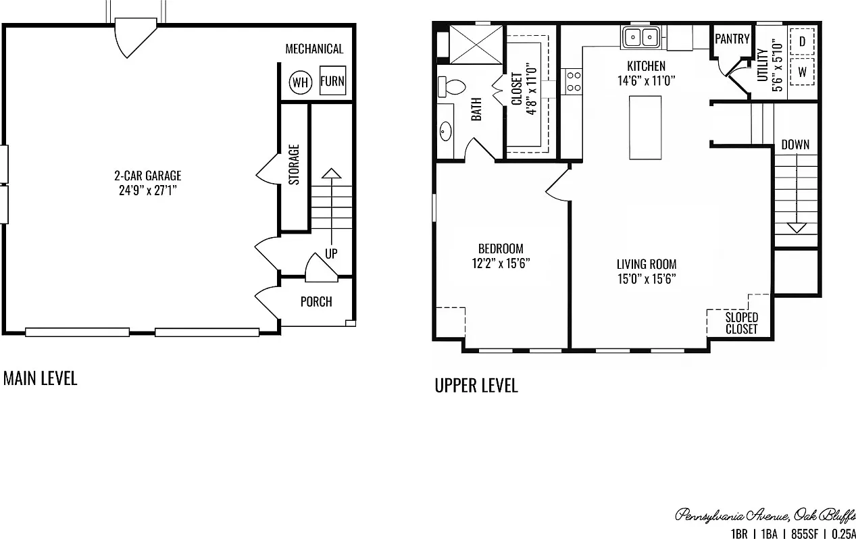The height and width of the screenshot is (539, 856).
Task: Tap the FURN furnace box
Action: [x=332, y=80]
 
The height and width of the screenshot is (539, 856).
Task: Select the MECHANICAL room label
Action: [x=314, y=49]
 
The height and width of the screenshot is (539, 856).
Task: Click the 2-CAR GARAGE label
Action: [x=148, y=176]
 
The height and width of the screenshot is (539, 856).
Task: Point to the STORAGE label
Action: [x=294, y=165]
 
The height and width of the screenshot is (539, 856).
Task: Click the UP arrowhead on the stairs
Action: [x=331, y=174]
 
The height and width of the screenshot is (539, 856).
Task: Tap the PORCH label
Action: [x=316, y=302]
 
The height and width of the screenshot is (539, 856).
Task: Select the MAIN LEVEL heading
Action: [x=40, y=378]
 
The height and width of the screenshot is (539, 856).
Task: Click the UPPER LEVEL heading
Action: [x=476, y=386]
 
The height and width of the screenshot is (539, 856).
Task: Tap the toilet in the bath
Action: [x=451, y=86]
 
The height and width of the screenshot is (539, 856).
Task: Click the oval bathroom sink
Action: [x=446, y=132]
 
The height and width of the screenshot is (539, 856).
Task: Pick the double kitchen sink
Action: [x=641, y=37]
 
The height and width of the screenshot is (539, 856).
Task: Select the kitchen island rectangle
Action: [x=645, y=128]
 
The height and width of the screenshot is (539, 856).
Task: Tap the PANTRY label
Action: [x=732, y=39]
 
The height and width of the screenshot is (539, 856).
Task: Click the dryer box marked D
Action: [x=802, y=41]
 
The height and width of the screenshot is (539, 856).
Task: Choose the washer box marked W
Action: [x=802, y=72]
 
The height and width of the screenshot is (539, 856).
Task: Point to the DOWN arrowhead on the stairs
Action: [x=797, y=228]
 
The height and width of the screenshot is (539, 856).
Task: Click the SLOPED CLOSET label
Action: [x=741, y=323]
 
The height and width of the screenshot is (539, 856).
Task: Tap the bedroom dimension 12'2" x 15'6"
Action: [x=501, y=263]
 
